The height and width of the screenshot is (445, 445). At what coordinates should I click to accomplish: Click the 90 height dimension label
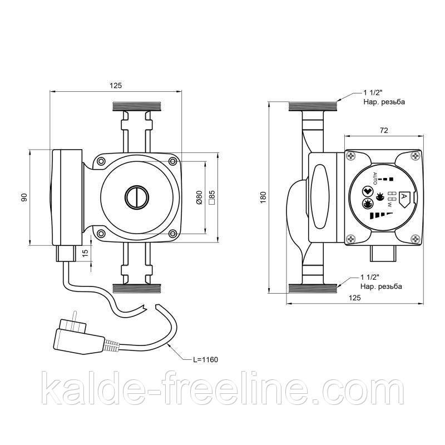click(x=24, y=197)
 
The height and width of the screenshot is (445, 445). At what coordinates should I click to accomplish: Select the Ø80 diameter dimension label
click(x=199, y=197)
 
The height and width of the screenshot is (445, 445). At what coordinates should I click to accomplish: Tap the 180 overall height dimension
click(x=263, y=197)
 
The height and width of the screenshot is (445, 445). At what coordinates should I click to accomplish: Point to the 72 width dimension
click(x=383, y=130)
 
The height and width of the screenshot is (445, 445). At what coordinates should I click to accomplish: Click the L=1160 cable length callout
click(x=205, y=359)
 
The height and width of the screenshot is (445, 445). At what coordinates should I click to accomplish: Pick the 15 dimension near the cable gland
click(x=86, y=252)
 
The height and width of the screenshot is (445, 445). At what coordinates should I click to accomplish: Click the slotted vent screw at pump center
click(x=137, y=197)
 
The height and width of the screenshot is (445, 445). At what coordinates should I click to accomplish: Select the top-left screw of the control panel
click(x=352, y=156)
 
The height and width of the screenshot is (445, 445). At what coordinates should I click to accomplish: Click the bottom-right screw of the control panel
click(x=416, y=239)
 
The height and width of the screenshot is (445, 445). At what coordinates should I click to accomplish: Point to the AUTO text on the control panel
click(x=375, y=179)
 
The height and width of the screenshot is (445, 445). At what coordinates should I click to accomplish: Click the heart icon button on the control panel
click(x=367, y=191)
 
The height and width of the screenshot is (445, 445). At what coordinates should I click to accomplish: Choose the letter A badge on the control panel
click(x=404, y=197)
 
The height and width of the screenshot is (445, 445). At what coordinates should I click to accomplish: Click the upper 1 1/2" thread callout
click(x=384, y=97)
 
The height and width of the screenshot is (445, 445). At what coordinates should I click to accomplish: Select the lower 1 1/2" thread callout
click(x=381, y=281)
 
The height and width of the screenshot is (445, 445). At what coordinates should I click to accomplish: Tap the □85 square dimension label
click(x=211, y=197)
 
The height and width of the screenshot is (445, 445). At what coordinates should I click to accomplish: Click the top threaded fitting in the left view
click(x=137, y=106)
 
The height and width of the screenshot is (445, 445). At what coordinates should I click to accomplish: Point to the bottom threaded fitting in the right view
click(x=313, y=288)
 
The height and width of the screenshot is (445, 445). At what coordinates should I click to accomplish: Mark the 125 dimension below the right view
click(x=355, y=298)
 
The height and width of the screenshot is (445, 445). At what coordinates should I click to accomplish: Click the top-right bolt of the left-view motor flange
click(x=172, y=161)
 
